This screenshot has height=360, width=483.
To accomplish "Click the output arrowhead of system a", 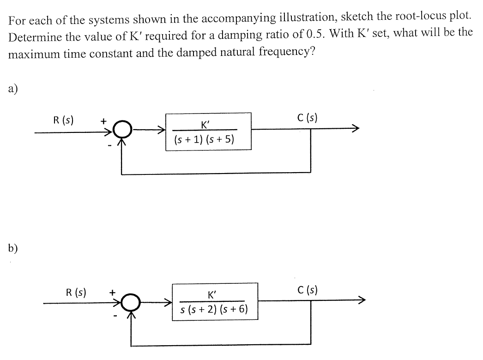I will coord(355,129).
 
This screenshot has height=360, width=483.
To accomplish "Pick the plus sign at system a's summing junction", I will coord(103,121).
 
